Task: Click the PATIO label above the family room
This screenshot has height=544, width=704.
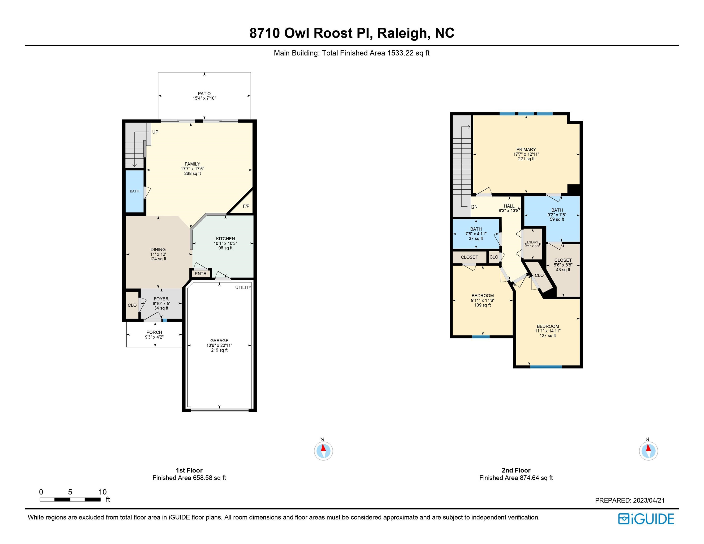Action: (x=204, y=94)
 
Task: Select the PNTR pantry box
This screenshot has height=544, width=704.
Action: (x=201, y=274)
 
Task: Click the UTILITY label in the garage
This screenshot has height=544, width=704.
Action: (x=243, y=288)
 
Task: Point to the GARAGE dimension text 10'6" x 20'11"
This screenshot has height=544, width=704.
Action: (x=219, y=345)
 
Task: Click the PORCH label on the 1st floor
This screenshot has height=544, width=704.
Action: (x=154, y=332)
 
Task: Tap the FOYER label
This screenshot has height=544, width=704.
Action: (x=161, y=299)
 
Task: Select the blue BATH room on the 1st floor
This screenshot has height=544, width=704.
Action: (x=134, y=191)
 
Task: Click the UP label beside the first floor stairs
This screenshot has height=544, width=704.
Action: (x=155, y=132)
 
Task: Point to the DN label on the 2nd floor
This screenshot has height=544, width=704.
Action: (x=474, y=207)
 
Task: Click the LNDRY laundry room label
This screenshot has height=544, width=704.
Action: (x=533, y=242)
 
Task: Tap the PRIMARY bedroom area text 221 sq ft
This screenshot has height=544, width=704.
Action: (x=526, y=159)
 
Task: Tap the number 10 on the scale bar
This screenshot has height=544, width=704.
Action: (x=102, y=492)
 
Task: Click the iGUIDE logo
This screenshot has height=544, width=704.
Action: (x=646, y=519)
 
